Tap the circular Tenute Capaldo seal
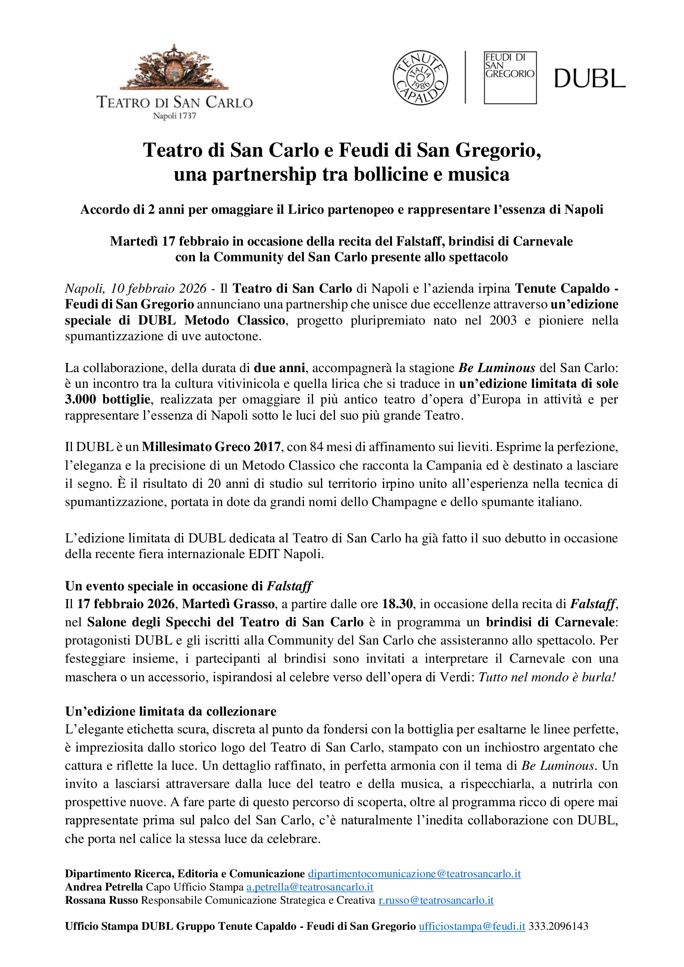(x=420, y=78)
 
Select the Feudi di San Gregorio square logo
(x=510, y=77)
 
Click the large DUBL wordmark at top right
(x=589, y=79)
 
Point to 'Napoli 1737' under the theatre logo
(x=175, y=116)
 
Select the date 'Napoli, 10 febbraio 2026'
(x=136, y=288)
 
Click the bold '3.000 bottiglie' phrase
(x=108, y=399)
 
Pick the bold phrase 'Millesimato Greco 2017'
(x=211, y=446)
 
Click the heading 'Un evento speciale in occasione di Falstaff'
(x=188, y=586)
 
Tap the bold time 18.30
(x=397, y=604)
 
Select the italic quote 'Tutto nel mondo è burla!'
(x=547, y=677)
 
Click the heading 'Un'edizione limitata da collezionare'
(x=170, y=711)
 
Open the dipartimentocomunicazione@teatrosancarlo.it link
(x=414, y=874)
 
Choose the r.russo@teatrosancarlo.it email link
(x=436, y=900)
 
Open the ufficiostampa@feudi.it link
(x=472, y=926)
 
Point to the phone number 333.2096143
(x=558, y=926)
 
